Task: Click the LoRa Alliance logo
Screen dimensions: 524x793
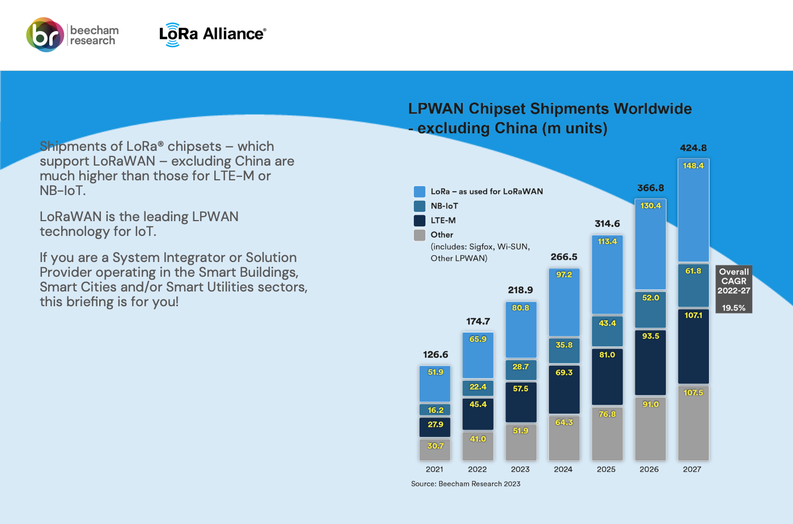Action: (212, 35)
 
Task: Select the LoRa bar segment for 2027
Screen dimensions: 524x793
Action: (693, 210)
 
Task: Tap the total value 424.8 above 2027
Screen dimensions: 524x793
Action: (693, 148)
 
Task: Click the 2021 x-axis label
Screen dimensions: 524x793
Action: (435, 469)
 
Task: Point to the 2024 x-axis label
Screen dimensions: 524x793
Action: (563, 469)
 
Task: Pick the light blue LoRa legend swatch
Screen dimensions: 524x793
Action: (419, 192)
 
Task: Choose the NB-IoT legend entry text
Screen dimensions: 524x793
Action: (444, 206)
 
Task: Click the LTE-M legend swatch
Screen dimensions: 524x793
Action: (419, 221)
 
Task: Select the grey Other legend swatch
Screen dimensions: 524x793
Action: (419, 235)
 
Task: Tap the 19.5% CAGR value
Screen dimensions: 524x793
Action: (733, 308)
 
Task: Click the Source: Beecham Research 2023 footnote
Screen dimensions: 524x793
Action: (465, 484)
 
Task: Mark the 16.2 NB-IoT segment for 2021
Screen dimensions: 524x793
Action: (435, 410)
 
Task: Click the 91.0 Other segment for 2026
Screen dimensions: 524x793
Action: (650, 429)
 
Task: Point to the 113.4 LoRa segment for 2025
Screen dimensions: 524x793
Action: (607, 274)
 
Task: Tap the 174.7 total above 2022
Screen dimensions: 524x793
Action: (478, 322)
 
